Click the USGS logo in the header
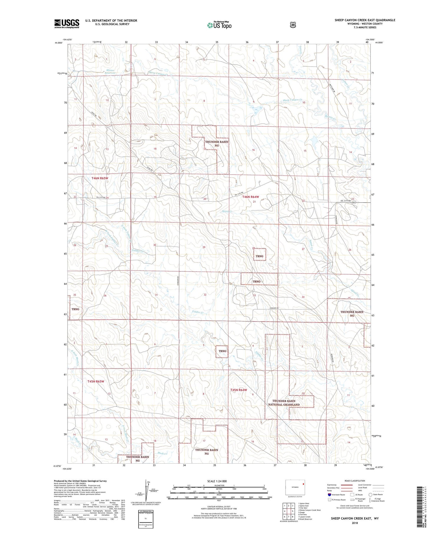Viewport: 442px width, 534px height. coord(67,24)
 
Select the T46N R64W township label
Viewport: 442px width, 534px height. coord(250,197)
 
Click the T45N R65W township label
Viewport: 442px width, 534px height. coord(96,381)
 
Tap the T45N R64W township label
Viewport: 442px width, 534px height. coord(238,390)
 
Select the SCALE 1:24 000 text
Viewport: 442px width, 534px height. coord(217,481)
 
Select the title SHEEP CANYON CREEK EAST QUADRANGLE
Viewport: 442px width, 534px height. coord(365,20)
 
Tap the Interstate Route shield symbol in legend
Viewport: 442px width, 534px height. coord(329,495)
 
